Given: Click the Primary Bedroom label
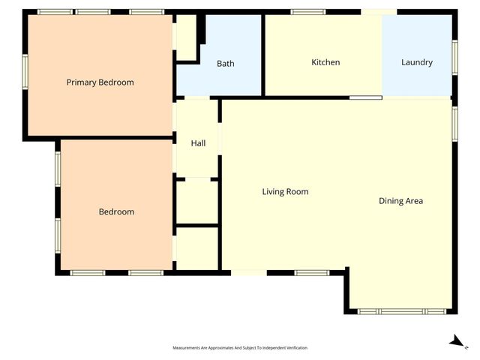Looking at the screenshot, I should pyautogui.click(x=100, y=82).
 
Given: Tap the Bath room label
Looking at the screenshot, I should pyautogui.click(x=225, y=64).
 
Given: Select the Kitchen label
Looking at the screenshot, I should pyautogui.click(x=325, y=62).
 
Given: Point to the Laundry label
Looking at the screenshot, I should pyautogui.click(x=416, y=62).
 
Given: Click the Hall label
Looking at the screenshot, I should pyautogui.click(x=198, y=143).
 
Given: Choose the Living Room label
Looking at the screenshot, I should pyautogui.click(x=285, y=192).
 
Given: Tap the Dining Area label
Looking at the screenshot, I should pyautogui.click(x=400, y=201).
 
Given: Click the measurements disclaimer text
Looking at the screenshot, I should pyautogui.click(x=240, y=348).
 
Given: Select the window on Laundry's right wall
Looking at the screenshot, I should pyautogui.click(x=454, y=57).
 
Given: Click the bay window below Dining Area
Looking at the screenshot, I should pyautogui.click(x=401, y=311).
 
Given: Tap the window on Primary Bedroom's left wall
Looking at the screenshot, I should pyautogui.click(x=25, y=73).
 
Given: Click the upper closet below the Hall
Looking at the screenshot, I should pyautogui.click(x=196, y=201).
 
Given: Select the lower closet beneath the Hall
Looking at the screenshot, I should pyautogui.click(x=196, y=247).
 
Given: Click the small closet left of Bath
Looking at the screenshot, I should pyautogui.click(x=185, y=37).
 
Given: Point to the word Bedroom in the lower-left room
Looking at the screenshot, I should pyautogui.click(x=116, y=212).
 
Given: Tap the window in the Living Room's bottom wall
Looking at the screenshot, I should pyautogui.click(x=311, y=272).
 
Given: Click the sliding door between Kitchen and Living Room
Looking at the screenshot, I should pyautogui.click(x=365, y=97).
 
